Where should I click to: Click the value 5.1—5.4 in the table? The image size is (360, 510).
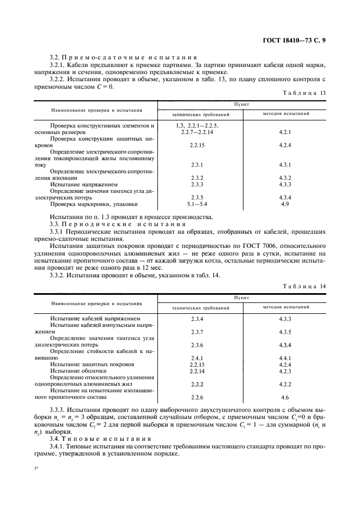tap(197, 204)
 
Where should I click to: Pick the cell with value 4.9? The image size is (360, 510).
tap(285, 204)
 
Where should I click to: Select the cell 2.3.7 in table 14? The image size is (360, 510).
tap(197, 331)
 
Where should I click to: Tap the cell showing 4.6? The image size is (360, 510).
tap(285, 397)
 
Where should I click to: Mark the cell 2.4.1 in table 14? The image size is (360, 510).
tap(197, 358)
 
